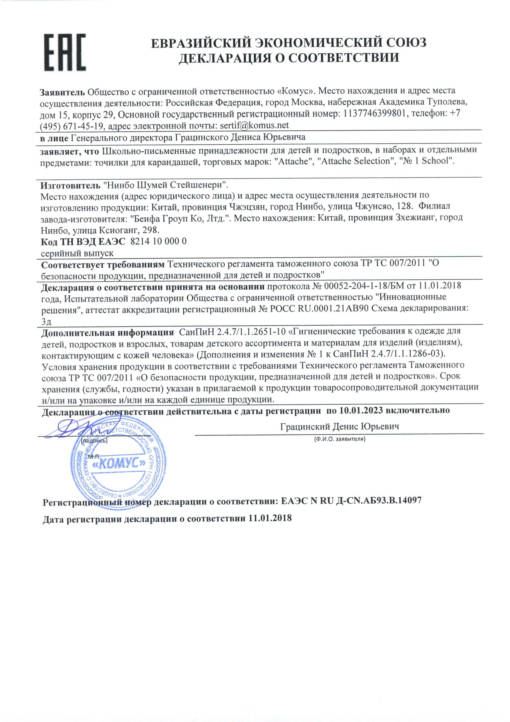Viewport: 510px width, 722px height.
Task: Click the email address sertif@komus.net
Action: point(254,125)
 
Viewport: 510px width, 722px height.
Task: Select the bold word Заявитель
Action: point(63,92)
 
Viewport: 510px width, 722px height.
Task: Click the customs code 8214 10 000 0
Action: point(158,241)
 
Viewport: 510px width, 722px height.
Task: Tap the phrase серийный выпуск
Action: point(77,253)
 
